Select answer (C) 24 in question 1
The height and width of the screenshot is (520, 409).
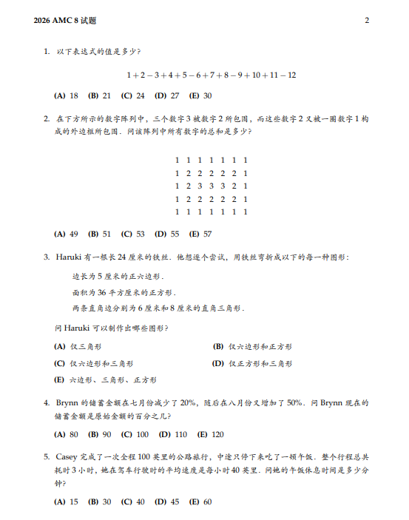(x=133, y=95)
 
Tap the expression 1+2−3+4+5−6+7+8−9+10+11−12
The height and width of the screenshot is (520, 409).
(x=212, y=75)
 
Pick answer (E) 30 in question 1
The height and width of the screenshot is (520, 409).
(x=200, y=95)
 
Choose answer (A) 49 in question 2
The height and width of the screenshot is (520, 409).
(x=67, y=234)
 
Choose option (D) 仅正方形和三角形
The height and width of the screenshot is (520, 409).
(x=252, y=363)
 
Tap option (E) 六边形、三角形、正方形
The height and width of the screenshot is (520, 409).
(x=105, y=379)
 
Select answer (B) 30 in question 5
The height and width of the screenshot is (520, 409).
(x=100, y=502)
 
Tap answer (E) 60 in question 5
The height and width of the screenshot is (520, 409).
(x=200, y=502)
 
